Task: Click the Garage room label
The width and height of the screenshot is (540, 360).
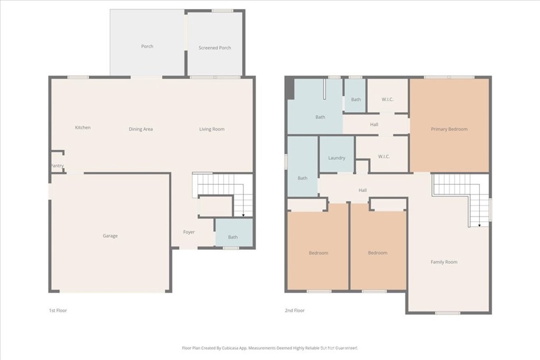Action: click(x=110, y=236)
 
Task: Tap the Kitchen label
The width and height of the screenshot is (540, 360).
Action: click(x=82, y=128)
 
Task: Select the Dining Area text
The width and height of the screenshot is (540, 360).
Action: click(x=141, y=129)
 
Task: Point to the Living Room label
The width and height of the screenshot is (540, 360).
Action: click(x=211, y=129)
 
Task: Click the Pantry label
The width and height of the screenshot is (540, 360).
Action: click(x=57, y=166)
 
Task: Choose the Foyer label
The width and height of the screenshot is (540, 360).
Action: click(x=189, y=232)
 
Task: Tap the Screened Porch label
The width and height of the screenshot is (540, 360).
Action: click(x=215, y=48)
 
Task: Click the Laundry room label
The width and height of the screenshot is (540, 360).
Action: click(x=336, y=158)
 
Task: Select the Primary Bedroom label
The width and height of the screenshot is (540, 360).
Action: click(x=449, y=129)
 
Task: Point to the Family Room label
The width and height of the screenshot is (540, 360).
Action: click(x=443, y=262)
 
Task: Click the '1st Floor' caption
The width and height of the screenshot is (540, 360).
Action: click(x=57, y=310)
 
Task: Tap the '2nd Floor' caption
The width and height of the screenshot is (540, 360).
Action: click(x=294, y=310)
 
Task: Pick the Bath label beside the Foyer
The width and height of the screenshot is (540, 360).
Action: click(x=233, y=237)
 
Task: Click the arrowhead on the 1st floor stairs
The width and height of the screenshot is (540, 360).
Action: click(x=243, y=215)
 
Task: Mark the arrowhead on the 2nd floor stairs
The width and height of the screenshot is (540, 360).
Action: click(x=479, y=225)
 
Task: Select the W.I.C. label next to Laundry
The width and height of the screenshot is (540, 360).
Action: click(x=383, y=157)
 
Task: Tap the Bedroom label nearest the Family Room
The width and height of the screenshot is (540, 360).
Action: click(x=378, y=253)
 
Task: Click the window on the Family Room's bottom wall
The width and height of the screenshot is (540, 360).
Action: click(x=447, y=313)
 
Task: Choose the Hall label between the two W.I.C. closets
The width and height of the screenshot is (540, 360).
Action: click(x=374, y=125)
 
